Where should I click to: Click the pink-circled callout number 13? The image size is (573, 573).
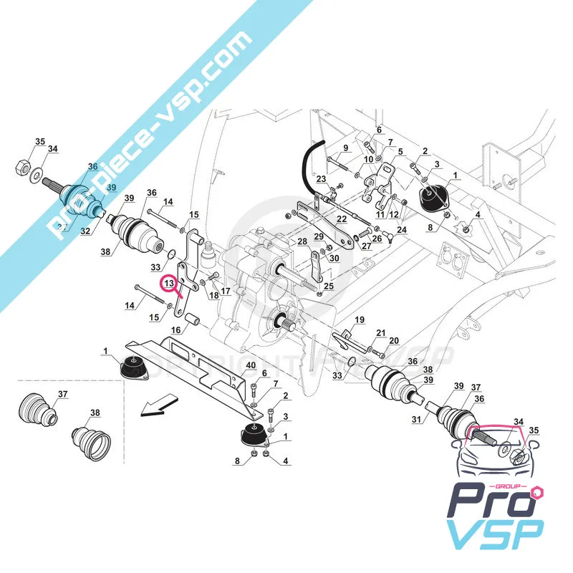pos(170,284)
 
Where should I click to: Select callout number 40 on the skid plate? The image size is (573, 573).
pos(251,365)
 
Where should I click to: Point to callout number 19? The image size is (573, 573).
pos(360,319)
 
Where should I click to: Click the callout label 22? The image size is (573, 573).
pos(342,218)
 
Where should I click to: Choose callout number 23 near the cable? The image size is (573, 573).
pos(322,178)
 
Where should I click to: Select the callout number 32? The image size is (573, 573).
pos(85,231)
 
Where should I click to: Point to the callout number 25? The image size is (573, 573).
pos(328,286)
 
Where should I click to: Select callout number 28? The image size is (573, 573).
pos(302,241)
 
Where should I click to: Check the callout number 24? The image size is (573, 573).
pos(401,230)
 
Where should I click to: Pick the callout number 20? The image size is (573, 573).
pos(393,341)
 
